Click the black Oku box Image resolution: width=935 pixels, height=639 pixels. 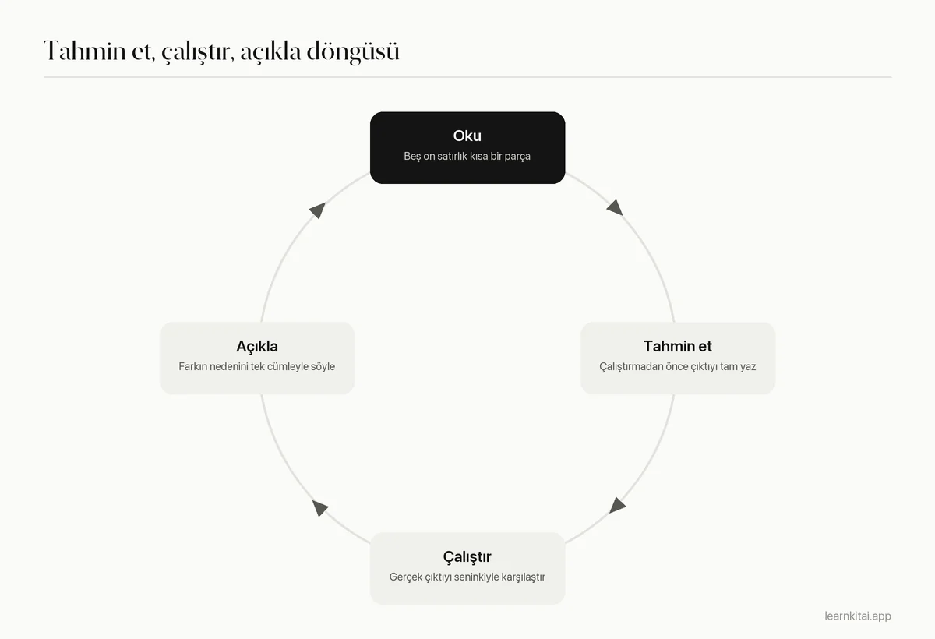467,147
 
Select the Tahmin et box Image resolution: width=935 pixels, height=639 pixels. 678,358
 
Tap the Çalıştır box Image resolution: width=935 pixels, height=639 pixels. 467,568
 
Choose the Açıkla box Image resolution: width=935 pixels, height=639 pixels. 257,358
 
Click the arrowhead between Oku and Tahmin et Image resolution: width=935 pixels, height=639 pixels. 616,207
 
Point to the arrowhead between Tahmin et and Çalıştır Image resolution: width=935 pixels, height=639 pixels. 617,506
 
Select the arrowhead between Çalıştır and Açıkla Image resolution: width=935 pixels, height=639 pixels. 319,507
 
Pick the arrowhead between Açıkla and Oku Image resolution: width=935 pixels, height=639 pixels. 318,210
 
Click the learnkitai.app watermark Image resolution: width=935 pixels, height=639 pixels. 858,616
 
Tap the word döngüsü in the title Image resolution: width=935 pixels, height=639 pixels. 353,51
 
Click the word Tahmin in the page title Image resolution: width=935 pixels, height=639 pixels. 85,51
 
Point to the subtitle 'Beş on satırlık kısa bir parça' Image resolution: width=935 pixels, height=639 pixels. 467,156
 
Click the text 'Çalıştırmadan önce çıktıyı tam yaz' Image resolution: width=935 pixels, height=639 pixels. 678,366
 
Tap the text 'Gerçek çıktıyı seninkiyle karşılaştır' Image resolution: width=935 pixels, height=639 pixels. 467,577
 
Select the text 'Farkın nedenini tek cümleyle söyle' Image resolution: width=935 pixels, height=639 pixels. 256,366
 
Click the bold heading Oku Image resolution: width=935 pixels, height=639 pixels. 467,136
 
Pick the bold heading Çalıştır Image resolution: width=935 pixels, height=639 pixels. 467,556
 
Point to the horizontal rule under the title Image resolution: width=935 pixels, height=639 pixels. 467,77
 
